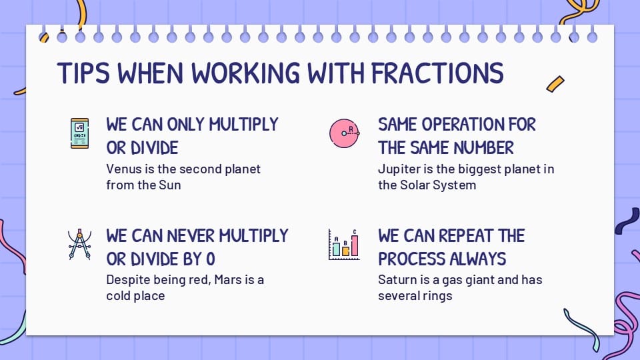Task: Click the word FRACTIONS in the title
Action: pos(437,73)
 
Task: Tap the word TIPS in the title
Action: pos(83,73)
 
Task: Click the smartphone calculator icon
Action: pos(79,133)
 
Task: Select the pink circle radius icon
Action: pos(345,133)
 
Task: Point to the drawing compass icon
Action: pos(79,245)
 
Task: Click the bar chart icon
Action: pos(344,245)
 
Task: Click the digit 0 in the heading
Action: pos(211,259)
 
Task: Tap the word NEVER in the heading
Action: pos(191,236)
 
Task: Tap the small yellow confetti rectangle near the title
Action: pos(555,84)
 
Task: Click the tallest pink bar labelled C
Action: pos(355,245)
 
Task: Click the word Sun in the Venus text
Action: pos(170,185)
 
